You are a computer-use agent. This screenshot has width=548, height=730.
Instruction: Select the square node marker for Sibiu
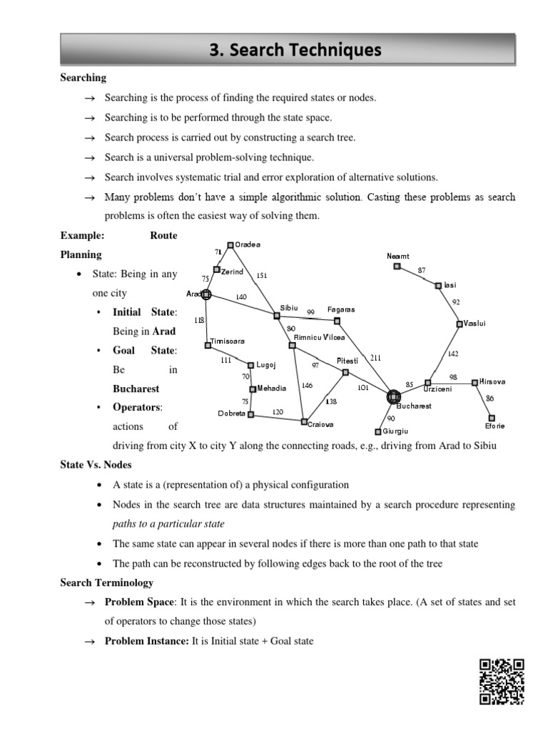tap(277, 316)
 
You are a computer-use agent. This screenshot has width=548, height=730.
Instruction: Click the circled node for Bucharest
tap(393, 396)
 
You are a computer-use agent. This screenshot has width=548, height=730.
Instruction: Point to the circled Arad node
tap(206, 294)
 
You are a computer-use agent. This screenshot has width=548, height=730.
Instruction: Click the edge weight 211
tap(375, 357)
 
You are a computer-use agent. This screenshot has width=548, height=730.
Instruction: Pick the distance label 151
tap(261, 275)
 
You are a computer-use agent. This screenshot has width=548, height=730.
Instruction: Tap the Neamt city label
tap(398, 256)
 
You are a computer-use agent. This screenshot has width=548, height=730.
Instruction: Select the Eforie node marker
tap(492, 418)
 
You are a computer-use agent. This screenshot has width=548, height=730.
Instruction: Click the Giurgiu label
tap(395, 431)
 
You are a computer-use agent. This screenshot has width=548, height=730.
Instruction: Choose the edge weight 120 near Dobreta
tap(278, 412)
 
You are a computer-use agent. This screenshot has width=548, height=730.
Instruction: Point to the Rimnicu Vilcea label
tap(319, 337)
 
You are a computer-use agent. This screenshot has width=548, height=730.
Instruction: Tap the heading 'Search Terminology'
tap(106, 582)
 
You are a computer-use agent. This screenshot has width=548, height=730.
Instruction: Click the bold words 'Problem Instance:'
tap(146, 641)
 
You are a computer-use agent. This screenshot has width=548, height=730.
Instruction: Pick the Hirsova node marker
tap(475, 383)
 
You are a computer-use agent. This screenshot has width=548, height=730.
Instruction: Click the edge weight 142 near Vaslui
tap(453, 354)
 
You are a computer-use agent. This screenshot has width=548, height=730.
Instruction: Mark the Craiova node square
tap(304, 421)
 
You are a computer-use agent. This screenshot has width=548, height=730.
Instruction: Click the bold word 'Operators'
tap(137, 408)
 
